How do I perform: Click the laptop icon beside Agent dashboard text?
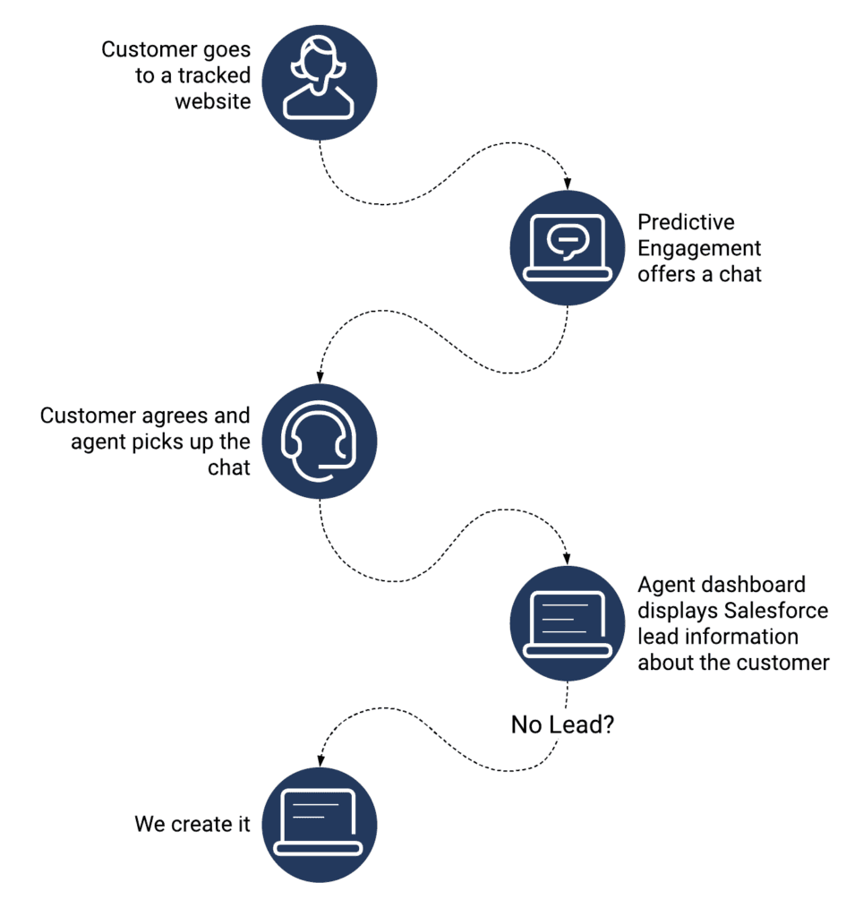tap(568, 622)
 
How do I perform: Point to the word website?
tap(212, 100)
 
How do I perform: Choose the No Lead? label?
tap(562, 724)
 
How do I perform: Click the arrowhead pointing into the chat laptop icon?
tap(568, 183)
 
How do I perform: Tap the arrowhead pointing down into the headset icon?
tap(320, 376)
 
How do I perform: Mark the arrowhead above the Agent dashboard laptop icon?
tap(568, 557)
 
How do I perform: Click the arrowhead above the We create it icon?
tap(320, 758)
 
